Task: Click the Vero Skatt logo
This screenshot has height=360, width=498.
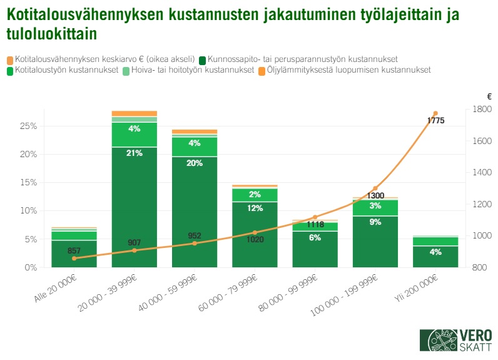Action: pyautogui.click(x=455, y=341)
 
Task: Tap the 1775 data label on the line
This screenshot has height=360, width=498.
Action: pyautogui.click(x=436, y=121)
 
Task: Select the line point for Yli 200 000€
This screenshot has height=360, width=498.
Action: pyautogui.click(x=435, y=113)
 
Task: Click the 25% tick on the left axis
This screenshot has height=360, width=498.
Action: pyautogui.click(x=29, y=126)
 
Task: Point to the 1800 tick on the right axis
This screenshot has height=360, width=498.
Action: pyautogui.click(x=481, y=110)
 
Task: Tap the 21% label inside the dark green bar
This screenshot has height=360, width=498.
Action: pyautogui.click(x=135, y=153)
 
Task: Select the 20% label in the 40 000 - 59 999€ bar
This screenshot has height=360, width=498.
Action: pyautogui.click(x=195, y=163)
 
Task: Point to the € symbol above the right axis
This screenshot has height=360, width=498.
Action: pyautogui.click(x=489, y=96)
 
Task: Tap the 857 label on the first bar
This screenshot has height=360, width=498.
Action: pyautogui.click(x=74, y=250)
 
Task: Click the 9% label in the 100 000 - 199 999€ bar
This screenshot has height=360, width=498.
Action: pyautogui.click(x=375, y=221)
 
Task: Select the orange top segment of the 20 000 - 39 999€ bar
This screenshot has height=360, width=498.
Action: pyautogui.click(x=135, y=113)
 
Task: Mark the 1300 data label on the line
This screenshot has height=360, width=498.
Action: pyautogui.click(x=375, y=196)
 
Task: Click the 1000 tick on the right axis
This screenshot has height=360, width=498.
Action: pyautogui.click(x=481, y=236)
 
